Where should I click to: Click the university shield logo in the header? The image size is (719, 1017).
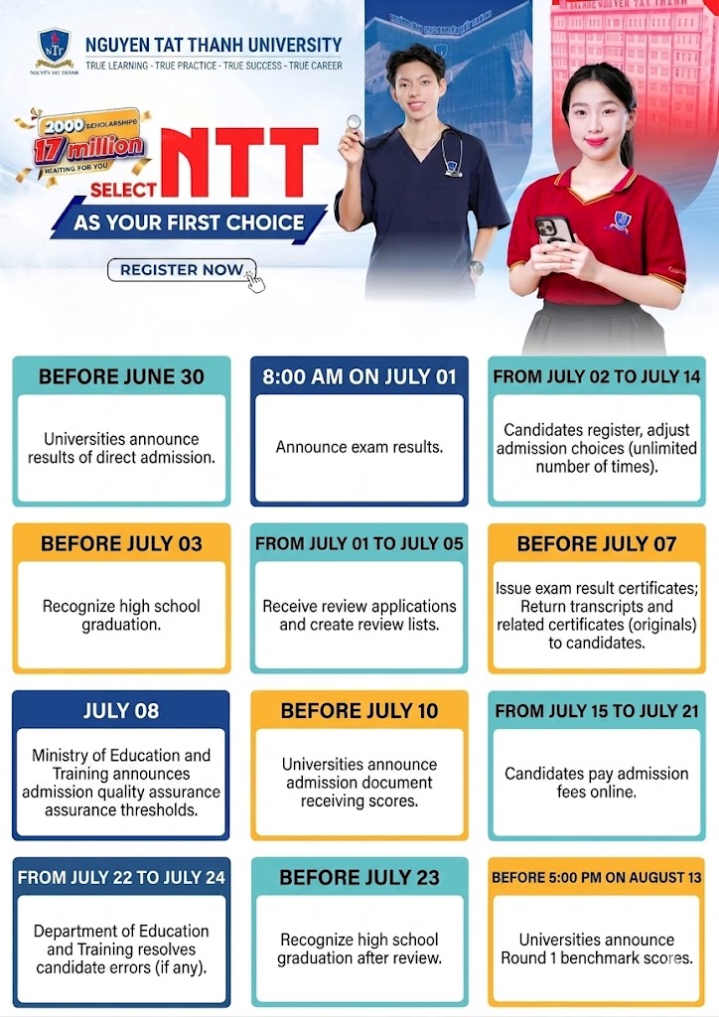(54, 47)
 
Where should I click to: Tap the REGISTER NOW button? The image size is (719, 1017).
(182, 270)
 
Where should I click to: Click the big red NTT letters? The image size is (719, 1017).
(240, 161)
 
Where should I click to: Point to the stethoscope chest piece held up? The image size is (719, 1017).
(354, 121)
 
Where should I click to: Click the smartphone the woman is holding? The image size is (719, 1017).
(553, 230)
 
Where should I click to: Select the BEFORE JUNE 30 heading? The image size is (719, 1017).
(121, 376)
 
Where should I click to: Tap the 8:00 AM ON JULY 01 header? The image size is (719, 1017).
(359, 376)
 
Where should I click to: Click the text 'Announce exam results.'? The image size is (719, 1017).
(359, 447)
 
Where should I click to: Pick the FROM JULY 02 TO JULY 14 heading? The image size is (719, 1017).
(597, 376)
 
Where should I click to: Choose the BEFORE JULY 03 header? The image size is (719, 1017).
(121, 543)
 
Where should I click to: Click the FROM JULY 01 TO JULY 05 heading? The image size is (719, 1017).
(359, 543)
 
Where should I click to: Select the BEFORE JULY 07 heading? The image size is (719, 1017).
(597, 543)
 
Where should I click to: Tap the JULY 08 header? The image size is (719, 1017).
(121, 711)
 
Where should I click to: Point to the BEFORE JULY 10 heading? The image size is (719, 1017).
(359, 711)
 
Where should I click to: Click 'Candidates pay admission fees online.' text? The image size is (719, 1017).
(597, 783)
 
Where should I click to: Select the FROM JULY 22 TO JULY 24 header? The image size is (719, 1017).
(121, 878)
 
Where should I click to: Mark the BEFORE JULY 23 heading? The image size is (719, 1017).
(359, 878)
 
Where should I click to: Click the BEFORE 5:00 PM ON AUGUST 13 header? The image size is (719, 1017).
(597, 878)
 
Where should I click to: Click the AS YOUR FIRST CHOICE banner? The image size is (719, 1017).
(189, 223)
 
